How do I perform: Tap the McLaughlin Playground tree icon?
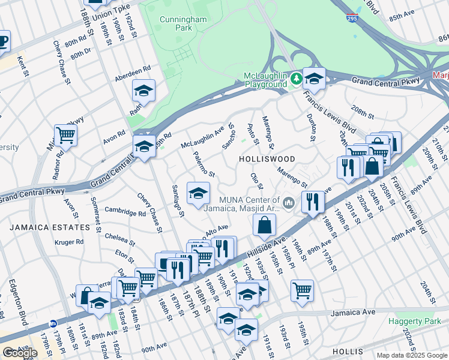[295, 79]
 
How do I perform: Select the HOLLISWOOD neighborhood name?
[267, 159]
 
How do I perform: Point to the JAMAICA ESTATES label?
[40, 227]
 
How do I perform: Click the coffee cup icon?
[3, 41]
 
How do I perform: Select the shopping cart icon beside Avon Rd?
[65, 135]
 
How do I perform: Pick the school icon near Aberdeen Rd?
[143, 91]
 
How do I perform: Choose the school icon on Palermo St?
[198, 193]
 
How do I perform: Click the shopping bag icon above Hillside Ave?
[264, 226]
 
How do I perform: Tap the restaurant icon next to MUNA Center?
[312, 201]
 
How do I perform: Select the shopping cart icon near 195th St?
[302, 290]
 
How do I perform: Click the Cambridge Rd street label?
[125, 212]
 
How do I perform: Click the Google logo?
[20, 353]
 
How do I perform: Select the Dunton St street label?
[310, 128]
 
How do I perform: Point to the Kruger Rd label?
[71, 242]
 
